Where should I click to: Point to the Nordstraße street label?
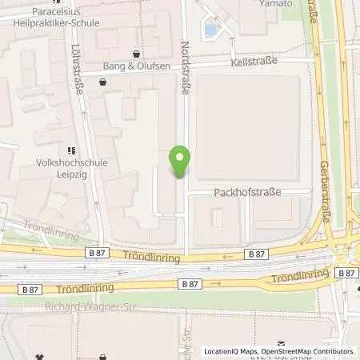click(x=186, y=69)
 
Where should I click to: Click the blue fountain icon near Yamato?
click(x=210, y=30)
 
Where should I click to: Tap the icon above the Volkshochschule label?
click(x=70, y=149)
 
